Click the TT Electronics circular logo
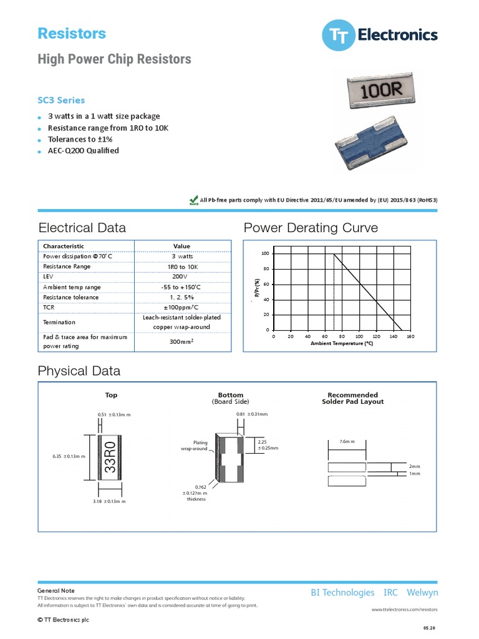pyautogui.click(x=338, y=36)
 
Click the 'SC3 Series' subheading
pyautogui.click(x=62, y=100)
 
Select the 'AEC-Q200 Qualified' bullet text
pyautogui.click(x=84, y=150)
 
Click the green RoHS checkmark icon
pyautogui.click(x=193, y=200)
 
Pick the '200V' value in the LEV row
pyautogui.click(x=181, y=276)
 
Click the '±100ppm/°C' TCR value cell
pyautogui.click(x=181, y=308)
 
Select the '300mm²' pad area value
pyautogui.click(x=181, y=341)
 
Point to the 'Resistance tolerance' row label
pyautogui.click(x=70, y=298)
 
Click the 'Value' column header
pyautogui.click(x=181, y=246)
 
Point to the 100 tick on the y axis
pyautogui.click(x=265, y=253)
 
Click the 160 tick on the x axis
pyautogui.click(x=410, y=336)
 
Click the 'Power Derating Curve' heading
pyautogui.click(x=311, y=228)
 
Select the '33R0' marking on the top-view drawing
pyautogui.click(x=109, y=457)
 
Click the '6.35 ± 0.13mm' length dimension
pyautogui.click(x=69, y=457)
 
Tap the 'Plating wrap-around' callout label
pyautogui.click(x=195, y=446)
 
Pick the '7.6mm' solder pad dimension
pyautogui.click(x=347, y=441)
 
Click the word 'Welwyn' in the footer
pyautogui.click(x=422, y=592)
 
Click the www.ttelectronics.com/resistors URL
pyautogui.click(x=405, y=608)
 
